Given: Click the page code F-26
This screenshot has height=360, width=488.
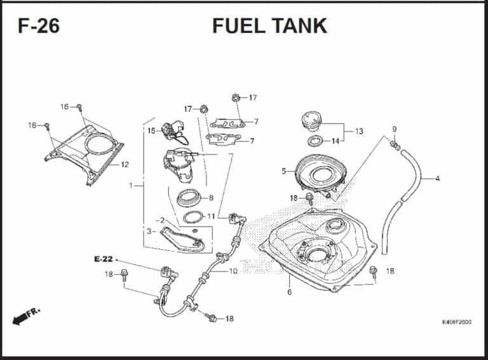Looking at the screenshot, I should click(x=39, y=26).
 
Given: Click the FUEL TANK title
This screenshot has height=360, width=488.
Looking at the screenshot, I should click(x=269, y=25).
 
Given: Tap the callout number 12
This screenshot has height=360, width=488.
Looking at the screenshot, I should click(x=125, y=165).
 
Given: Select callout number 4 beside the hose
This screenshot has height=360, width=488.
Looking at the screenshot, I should click(x=437, y=178).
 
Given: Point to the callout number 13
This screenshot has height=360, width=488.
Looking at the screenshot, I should click(x=359, y=132).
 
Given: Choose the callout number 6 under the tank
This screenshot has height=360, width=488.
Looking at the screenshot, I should click(x=289, y=293).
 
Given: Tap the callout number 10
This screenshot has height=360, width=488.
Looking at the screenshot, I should click(x=233, y=271).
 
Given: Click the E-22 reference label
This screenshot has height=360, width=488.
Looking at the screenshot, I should click(x=103, y=259).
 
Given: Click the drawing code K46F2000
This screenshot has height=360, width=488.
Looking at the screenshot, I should click(x=456, y=322).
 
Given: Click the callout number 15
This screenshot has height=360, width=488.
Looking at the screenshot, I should click(x=151, y=131).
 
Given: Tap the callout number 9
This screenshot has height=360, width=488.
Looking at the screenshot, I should click(x=394, y=130).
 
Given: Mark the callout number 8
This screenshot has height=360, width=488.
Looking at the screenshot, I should click(x=210, y=198).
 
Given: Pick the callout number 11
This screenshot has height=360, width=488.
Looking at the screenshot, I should click(x=211, y=216).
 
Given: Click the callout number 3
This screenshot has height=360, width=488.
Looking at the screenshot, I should click(x=149, y=232).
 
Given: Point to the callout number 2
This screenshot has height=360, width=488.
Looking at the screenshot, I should click(x=162, y=220).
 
